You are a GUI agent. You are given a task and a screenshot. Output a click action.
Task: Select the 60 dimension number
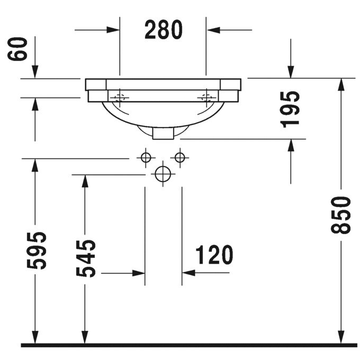tap(19, 49)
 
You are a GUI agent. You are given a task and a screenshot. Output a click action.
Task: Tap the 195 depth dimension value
tap(290, 109)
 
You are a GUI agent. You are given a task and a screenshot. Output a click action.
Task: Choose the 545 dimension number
tap(85, 258)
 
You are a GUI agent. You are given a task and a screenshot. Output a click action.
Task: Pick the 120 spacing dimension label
tap(214, 256)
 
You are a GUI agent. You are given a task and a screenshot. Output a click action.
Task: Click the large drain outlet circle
tap(163, 174)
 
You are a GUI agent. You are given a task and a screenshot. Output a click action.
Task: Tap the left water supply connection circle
tap(145, 158)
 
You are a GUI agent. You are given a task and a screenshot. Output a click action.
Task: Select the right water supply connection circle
tap(181, 158)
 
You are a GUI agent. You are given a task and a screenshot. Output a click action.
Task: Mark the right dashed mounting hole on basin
tap(206, 97)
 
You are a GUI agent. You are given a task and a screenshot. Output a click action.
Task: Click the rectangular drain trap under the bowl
tap(163, 134)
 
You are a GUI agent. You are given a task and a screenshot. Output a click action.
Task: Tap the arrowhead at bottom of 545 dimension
tap(83, 337)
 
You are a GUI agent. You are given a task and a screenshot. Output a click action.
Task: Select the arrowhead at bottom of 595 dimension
tap(35, 337)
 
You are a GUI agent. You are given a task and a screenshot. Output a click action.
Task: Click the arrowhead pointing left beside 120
tap(188, 273)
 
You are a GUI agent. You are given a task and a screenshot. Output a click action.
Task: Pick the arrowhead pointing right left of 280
tap(113, 30)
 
